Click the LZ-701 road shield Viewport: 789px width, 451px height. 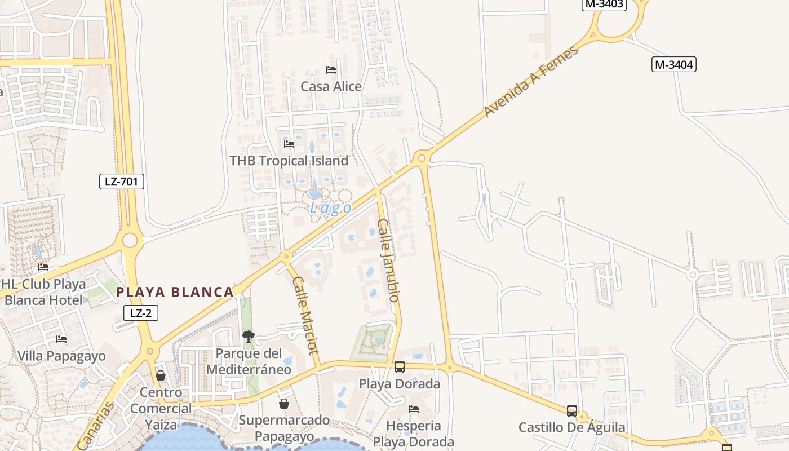[121, 182]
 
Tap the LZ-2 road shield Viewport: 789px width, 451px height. [140, 313]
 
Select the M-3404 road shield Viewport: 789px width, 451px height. [674, 64]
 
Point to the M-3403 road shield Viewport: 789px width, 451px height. [604, 4]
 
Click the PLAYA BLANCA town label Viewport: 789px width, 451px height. [175, 292]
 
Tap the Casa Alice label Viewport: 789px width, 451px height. [331, 86]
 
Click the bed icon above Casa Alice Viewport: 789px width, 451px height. [331, 70]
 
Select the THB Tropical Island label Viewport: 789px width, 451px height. [289, 161]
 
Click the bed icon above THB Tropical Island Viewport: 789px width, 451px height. [289, 144]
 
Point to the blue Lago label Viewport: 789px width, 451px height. [330, 208]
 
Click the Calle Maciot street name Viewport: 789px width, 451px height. [306, 315]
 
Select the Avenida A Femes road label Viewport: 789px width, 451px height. [531, 81]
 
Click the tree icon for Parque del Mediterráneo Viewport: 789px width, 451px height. [248, 337]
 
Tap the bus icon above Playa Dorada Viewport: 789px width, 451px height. [400, 367]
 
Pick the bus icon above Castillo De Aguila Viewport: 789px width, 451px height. [572, 411]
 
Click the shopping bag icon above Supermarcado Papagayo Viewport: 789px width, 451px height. [284, 404]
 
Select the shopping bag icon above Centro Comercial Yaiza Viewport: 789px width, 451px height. [161, 375]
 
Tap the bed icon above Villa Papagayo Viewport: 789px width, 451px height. [61, 339]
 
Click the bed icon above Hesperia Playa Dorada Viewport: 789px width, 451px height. [414, 409]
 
